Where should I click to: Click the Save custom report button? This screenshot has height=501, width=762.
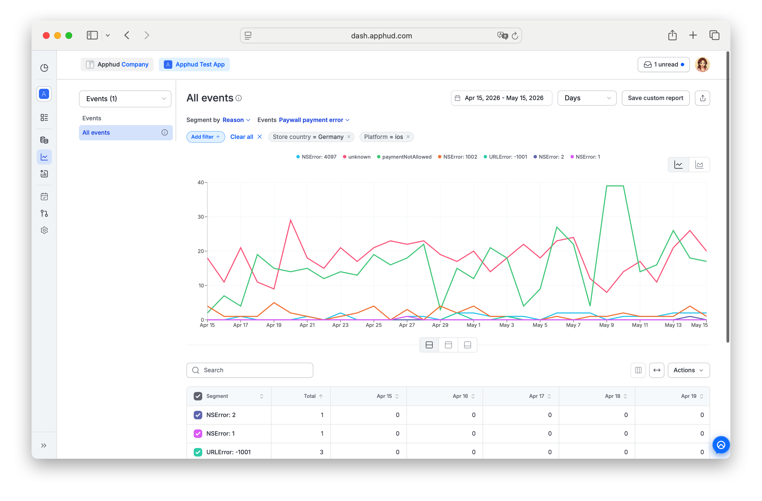(x=655, y=98)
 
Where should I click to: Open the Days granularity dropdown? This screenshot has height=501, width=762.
(x=587, y=98)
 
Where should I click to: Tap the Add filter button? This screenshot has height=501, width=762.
(x=206, y=137)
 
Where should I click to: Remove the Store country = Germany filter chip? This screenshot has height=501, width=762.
(x=349, y=137)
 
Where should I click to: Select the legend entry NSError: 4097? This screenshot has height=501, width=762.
(x=316, y=157)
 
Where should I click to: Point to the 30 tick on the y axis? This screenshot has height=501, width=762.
(x=201, y=217)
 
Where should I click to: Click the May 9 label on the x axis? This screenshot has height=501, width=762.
(x=606, y=325)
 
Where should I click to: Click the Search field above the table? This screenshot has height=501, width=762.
(x=250, y=370)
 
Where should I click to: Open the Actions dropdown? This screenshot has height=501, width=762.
(x=688, y=370)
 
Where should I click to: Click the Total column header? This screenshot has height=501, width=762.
(x=310, y=396)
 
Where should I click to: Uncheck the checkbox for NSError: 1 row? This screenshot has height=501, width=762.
(x=198, y=433)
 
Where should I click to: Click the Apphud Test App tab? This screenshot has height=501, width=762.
(x=194, y=65)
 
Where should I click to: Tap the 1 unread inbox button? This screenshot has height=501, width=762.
(x=663, y=65)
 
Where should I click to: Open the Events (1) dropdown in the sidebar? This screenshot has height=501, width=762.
(x=125, y=99)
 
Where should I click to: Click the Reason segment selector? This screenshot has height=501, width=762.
(x=236, y=120)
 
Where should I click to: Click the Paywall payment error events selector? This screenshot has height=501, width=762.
(x=314, y=120)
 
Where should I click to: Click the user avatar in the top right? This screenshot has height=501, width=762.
(x=702, y=65)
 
